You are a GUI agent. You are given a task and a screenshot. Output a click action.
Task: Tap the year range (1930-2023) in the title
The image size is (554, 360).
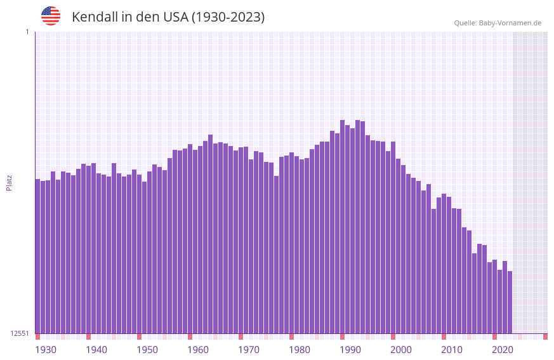tap(228, 17)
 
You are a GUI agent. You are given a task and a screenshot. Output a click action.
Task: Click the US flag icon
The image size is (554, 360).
tap(51, 16)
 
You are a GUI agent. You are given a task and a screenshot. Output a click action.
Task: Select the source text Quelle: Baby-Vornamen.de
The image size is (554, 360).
tap(497, 23)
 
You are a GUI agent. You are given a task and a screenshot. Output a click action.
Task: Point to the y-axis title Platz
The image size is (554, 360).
tap(9, 183)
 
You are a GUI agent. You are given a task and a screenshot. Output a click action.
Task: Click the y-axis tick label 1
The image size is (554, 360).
tap(27, 32)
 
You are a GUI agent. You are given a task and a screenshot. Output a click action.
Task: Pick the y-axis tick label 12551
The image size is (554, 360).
tap(20, 333)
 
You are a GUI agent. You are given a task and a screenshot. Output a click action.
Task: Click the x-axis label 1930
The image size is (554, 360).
tap(46, 350)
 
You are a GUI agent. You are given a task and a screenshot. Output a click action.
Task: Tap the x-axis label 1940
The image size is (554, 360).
tap(96, 350)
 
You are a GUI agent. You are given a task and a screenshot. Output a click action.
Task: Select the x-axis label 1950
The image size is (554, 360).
tap(147, 350)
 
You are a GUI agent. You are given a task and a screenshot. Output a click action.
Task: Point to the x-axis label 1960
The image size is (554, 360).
tap(198, 350)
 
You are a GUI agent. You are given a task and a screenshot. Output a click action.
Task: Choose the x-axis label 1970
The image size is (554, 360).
tap(249, 350)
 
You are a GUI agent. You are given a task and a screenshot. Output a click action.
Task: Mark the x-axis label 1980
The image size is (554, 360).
tap(300, 350)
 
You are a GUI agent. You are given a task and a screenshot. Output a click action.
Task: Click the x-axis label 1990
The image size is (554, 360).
tap(350, 350)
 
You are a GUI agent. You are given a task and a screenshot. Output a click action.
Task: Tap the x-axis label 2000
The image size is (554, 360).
tap(401, 350)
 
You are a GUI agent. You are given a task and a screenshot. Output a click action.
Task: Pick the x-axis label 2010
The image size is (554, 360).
tap(452, 350)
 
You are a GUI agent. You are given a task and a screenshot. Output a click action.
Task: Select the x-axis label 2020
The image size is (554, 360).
tap(503, 350)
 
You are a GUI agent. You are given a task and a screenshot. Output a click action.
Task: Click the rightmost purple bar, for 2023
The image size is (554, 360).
tap(510, 302)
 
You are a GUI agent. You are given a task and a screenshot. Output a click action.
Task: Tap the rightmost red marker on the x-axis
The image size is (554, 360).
tap(545, 337)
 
